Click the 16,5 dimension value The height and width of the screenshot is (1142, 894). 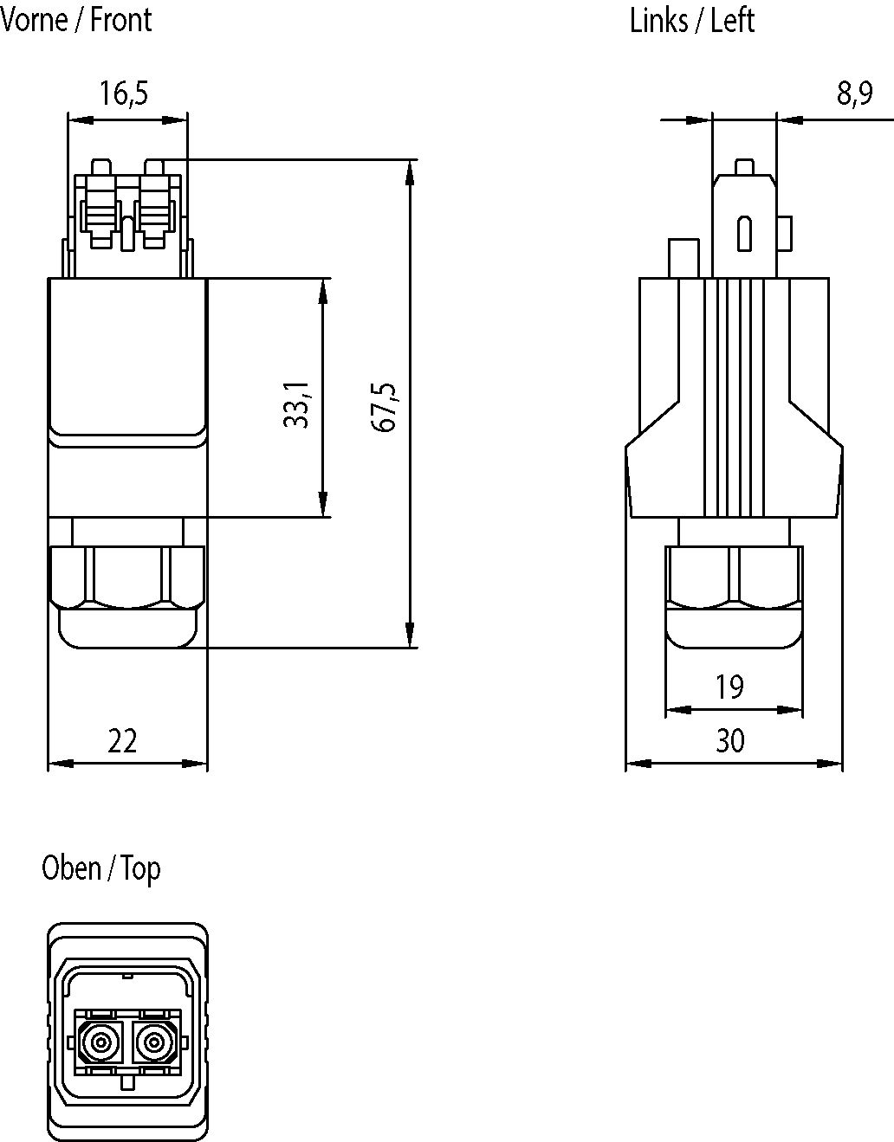pos(123,92)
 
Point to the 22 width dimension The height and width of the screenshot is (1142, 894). pos(122,741)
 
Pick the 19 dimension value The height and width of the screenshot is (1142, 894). pos(729,687)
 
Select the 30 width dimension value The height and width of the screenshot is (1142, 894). pos(729,741)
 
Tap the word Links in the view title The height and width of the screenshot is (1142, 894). pos(658,19)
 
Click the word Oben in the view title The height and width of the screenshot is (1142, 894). pos(70,868)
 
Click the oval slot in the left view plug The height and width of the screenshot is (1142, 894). pos(744,234)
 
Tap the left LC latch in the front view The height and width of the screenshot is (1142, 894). pos(100,208)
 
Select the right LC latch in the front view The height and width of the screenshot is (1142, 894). pos(155,208)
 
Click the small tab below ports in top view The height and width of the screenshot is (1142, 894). pos(128,1082)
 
